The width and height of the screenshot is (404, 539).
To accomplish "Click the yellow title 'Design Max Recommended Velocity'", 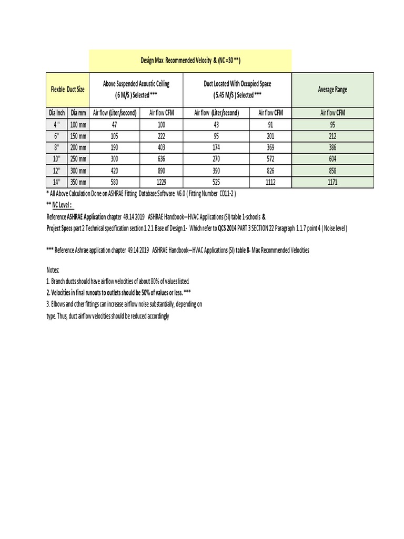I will point(190,61).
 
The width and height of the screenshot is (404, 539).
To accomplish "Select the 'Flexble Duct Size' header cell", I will point(67,89).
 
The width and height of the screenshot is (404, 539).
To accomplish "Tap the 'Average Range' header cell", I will point(332,89).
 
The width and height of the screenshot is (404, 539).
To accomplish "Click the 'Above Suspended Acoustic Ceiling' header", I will point(136,89).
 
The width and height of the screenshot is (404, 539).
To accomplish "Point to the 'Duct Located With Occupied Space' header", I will point(237,89).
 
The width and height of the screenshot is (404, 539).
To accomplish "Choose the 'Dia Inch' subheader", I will point(57,113).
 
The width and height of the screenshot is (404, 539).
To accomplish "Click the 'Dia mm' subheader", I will point(78,113).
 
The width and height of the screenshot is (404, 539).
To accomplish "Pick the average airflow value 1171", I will point(332,182).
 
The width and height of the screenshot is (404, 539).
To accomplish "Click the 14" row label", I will point(57,182).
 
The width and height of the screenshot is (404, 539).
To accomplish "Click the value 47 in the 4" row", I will point(114,124).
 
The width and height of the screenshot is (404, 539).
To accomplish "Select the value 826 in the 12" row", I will point(271,171).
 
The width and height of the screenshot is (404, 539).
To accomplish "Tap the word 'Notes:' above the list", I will point(54,270).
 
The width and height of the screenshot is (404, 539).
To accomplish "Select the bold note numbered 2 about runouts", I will point(118,292).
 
